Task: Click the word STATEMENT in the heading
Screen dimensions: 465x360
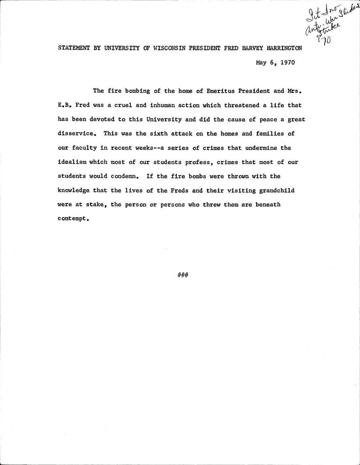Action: pos(74,48)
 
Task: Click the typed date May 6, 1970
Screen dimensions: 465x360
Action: pos(275,62)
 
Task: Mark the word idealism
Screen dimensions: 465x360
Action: pos(72,162)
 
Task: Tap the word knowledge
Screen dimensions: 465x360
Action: pos(73,190)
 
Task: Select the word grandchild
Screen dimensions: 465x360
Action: pos(277,190)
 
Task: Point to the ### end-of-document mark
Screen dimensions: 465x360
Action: pos(183,275)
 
